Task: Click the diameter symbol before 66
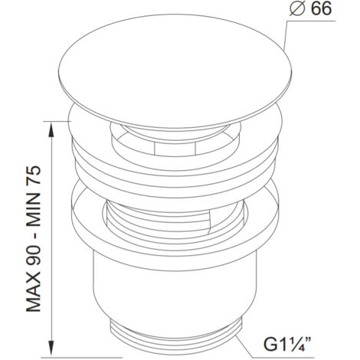pyautogui.click(x=298, y=9)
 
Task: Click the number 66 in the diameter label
pyautogui.click(x=321, y=9)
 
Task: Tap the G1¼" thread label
pyautogui.click(x=287, y=344)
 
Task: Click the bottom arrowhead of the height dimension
pyautogui.click(x=52, y=348)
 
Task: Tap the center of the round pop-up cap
pyautogui.click(x=175, y=70)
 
